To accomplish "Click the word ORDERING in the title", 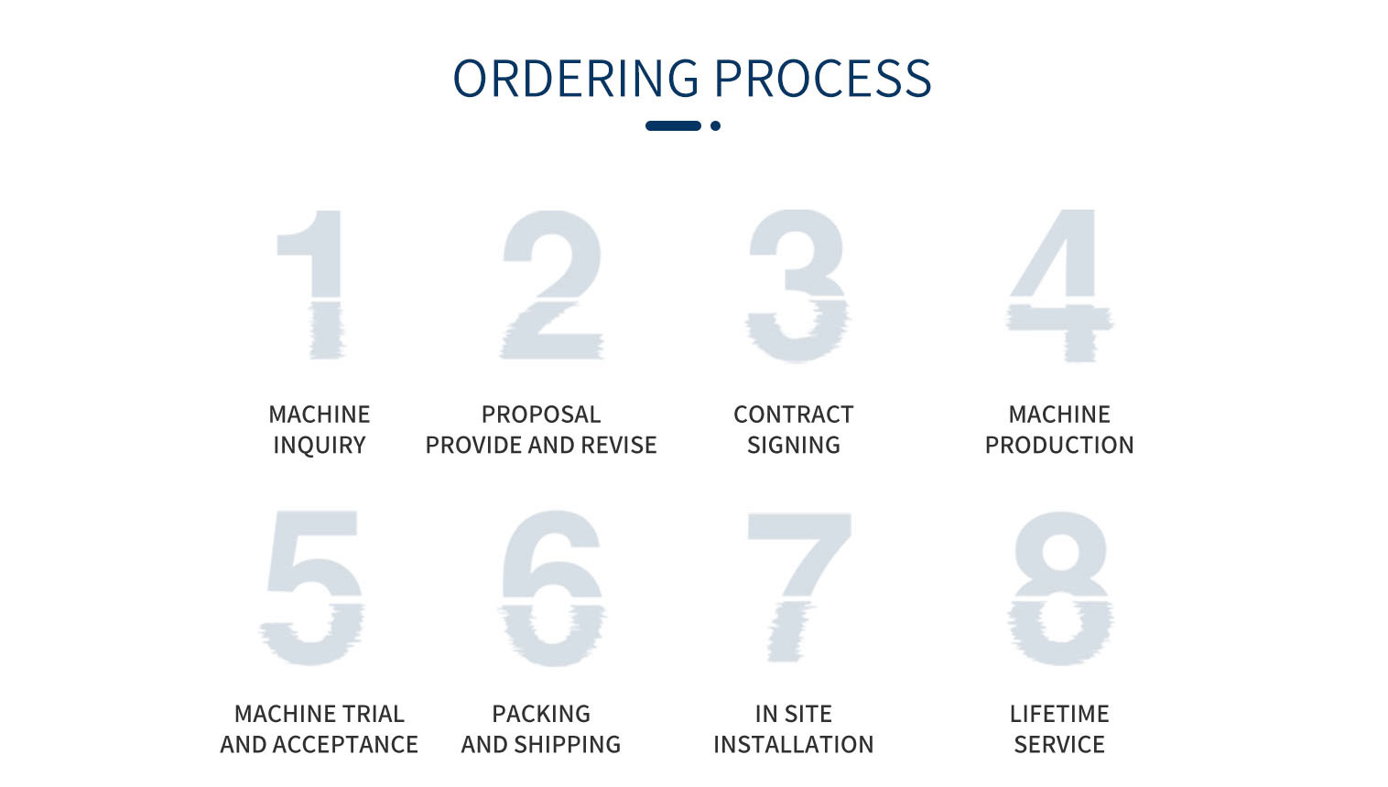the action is (x=576, y=79).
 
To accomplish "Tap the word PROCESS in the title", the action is (x=823, y=79).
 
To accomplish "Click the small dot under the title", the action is (x=716, y=125).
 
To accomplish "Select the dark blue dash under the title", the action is (x=674, y=125).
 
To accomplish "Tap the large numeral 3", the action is (x=797, y=286).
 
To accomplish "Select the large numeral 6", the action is (x=553, y=588).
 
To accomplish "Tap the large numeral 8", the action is (x=1060, y=588).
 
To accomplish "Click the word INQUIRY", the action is (x=320, y=445).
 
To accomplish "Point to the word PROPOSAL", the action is (x=541, y=415).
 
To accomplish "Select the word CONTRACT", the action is (x=794, y=415).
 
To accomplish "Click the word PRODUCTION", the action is (x=1059, y=445).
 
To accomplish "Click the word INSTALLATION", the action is (x=794, y=744).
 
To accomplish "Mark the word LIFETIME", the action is (x=1059, y=714).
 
